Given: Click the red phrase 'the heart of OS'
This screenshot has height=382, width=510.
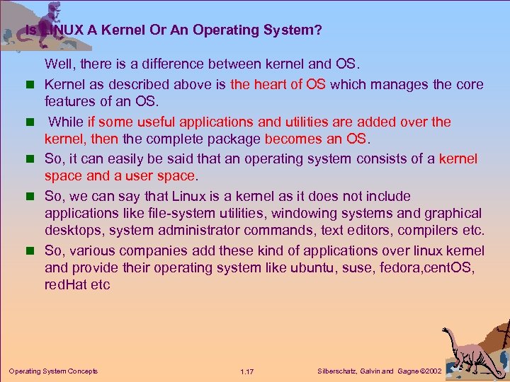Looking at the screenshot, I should tap(278, 84).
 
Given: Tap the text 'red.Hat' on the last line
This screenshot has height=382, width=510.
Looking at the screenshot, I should tap(67, 285).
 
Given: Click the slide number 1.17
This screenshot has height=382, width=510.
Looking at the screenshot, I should tap(247, 371).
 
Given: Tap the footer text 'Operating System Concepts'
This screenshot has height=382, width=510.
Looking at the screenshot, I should tap(53, 371).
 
